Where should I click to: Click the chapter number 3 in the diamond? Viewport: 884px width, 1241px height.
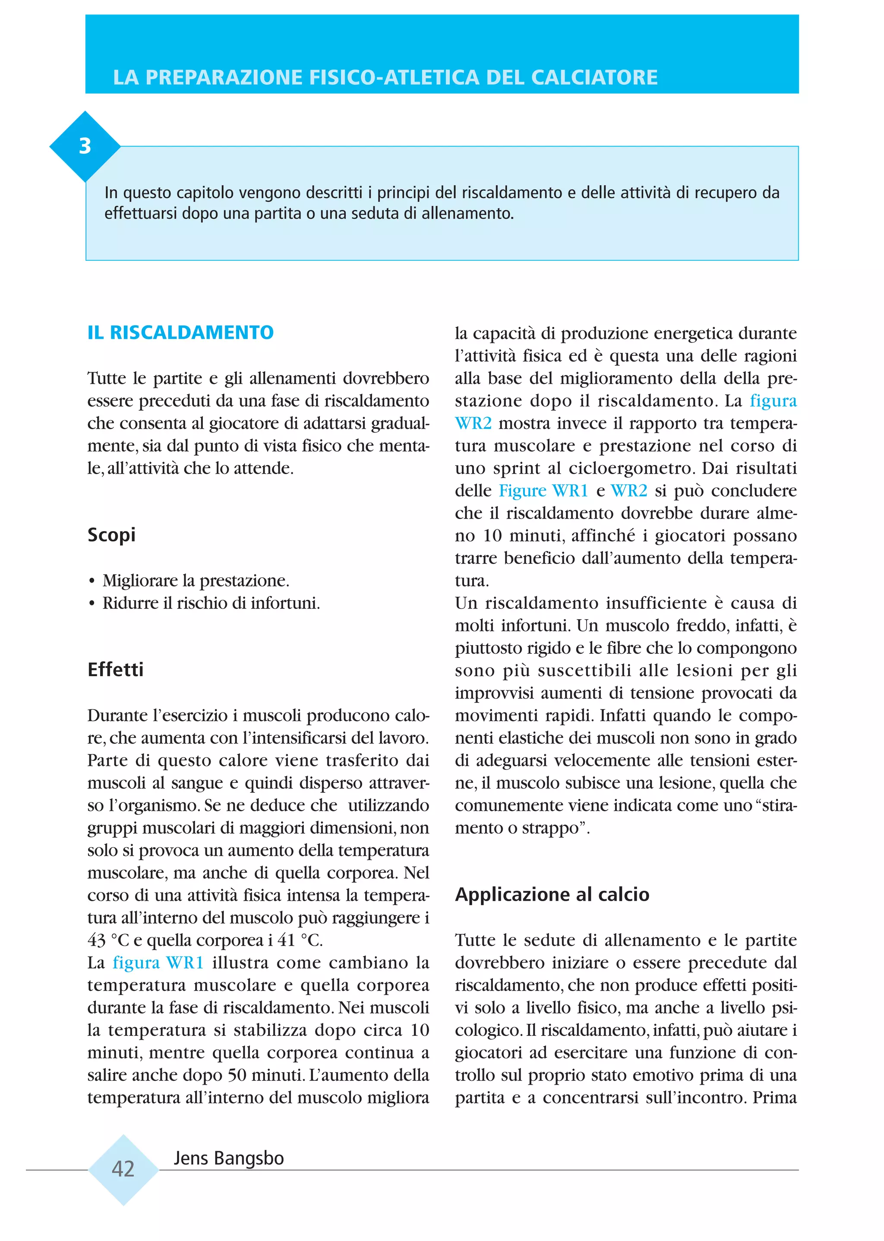(x=85, y=146)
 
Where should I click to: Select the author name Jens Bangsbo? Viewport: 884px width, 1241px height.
(x=229, y=1158)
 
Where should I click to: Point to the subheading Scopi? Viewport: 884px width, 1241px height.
(x=112, y=535)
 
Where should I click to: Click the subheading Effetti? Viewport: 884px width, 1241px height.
(x=115, y=670)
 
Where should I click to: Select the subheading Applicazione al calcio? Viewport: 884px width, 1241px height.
(x=552, y=895)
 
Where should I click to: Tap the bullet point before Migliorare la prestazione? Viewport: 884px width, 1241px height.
(x=92, y=582)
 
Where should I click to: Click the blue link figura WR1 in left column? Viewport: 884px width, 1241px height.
(x=158, y=963)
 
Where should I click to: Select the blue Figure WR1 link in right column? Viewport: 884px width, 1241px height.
(x=543, y=491)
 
